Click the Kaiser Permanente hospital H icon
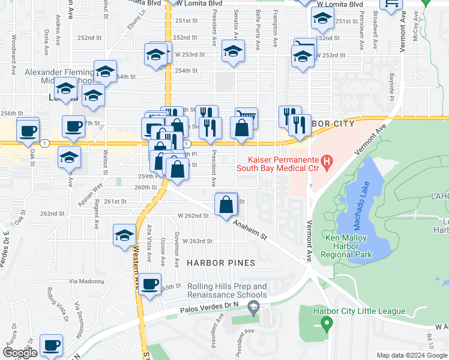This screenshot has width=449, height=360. point(327,160)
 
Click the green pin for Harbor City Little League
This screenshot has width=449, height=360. point(327,325)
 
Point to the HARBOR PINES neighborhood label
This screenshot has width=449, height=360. point(221,263)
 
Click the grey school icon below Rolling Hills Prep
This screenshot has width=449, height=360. point(253,308)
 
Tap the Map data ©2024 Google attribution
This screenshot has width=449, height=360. point(411,355)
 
